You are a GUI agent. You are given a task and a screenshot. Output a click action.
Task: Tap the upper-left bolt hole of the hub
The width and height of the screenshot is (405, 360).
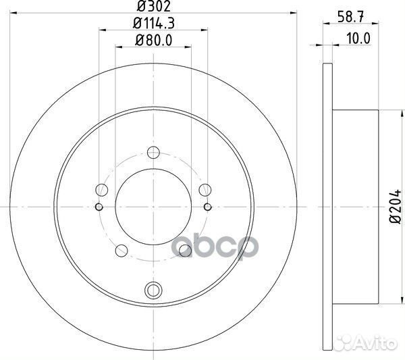click(103, 190)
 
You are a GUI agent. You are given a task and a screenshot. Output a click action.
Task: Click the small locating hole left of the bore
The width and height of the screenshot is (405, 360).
click(99, 207)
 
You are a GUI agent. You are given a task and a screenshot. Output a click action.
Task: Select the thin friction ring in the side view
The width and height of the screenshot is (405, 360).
click(328, 207)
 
